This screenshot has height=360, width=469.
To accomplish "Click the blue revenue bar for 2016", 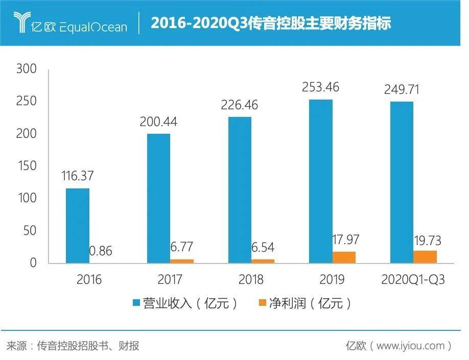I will coord(77,226).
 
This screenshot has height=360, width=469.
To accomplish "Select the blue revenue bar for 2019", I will coord(320,181).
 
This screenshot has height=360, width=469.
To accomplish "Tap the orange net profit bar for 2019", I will coord(344,257).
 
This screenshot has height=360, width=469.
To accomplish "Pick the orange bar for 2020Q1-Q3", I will coord(425,257).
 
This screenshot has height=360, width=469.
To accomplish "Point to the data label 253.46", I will coord(320,87).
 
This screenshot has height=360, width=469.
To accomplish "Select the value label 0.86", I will coord(101,251).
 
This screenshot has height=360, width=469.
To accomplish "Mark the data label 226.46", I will coord(239,105).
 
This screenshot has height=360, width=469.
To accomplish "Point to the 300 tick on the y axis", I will coord(27,69).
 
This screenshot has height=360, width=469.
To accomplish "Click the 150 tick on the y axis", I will coord(27,166).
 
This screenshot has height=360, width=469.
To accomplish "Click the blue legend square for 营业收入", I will coord(136,303).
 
